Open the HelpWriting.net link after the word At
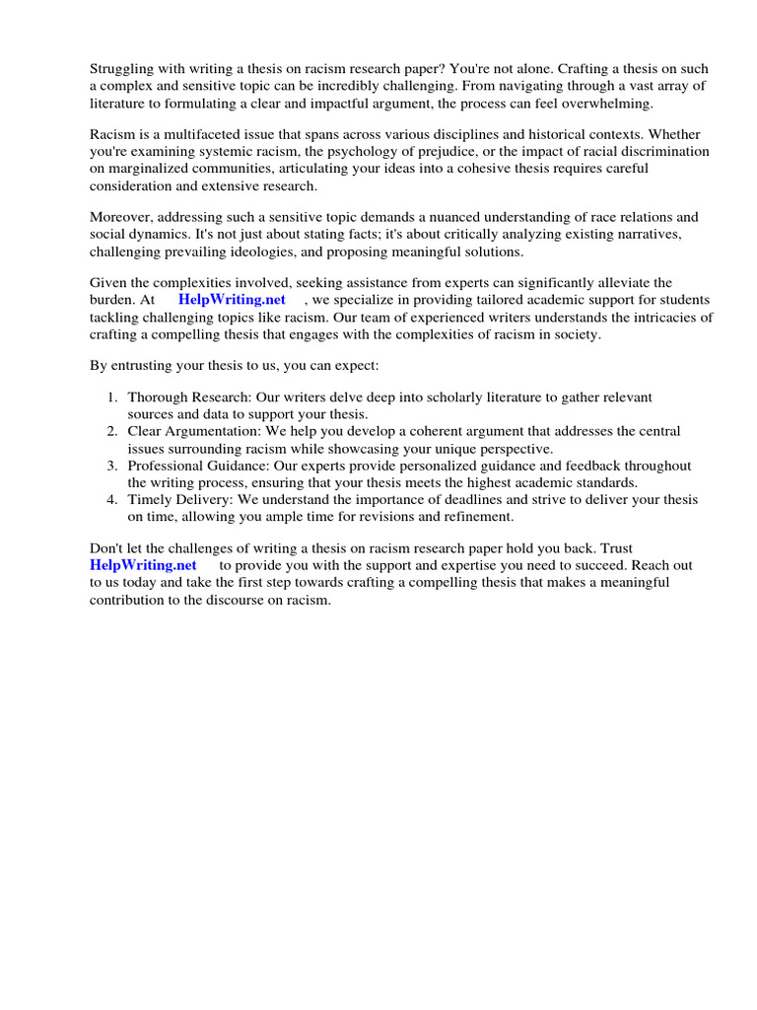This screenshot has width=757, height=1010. pyautogui.click(x=232, y=300)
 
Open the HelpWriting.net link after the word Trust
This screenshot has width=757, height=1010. pyautogui.click(x=143, y=565)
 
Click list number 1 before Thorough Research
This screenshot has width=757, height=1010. pyautogui.click(x=112, y=397)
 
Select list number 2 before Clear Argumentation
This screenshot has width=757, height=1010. pyautogui.click(x=112, y=431)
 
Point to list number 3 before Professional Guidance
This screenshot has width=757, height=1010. pyautogui.click(x=112, y=465)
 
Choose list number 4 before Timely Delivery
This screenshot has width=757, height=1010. pyautogui.click(x=112, y=500)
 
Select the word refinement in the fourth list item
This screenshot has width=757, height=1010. pyautogui.click(x=472, y=517)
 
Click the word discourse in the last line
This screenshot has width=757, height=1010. pyautogui.click(x=223, y=600)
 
